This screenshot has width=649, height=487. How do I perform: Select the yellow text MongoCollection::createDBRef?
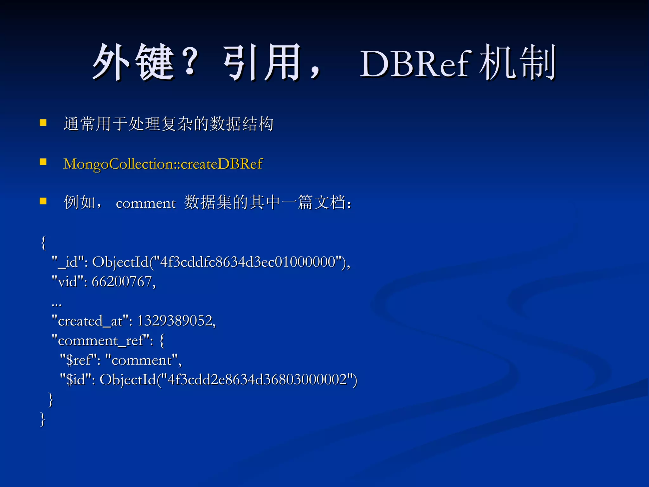tap(163, 164)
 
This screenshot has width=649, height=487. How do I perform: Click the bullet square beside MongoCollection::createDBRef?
tap(43, 162)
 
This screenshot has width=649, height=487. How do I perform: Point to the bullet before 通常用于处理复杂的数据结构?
tap(43, 123)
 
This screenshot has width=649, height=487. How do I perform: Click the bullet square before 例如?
tap(43, 201)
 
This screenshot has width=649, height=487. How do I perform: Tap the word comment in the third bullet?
tap(145, 203)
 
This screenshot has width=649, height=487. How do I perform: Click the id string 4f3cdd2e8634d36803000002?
tap(257, 380)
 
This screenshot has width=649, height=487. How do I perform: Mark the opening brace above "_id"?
tap(43, 243)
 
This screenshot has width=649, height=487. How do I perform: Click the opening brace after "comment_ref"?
tap(162, 341)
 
